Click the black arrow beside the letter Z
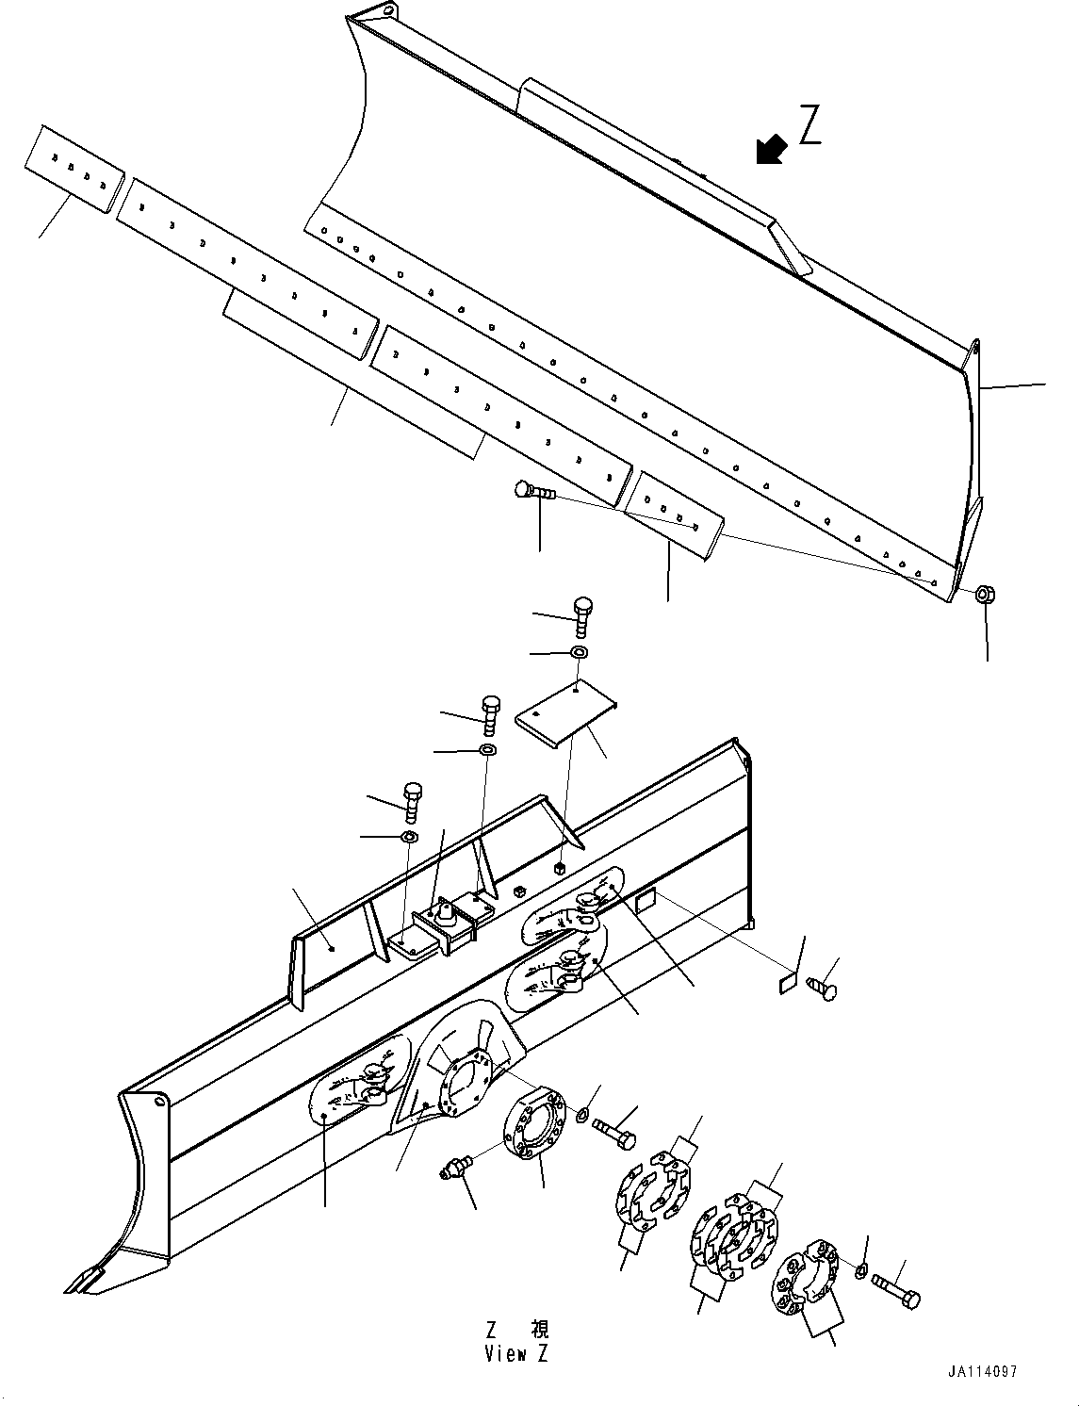(x=772, y=149)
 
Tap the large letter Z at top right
(x=809, y=126)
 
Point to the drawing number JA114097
(x=983, y=1373)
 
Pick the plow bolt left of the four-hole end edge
(x=532, y=491)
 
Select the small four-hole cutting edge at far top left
(x=74, y=170)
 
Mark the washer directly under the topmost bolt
(x=580, y=652)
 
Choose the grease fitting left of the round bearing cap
(x=455, y=1172)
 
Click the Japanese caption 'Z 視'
(x=516, y=1331)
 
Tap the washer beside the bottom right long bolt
(x=861, y=1272)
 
